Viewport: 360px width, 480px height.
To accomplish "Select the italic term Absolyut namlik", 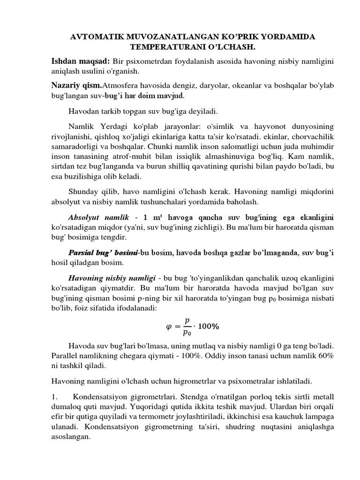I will (98, 217).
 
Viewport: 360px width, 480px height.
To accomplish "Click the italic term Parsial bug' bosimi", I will (103, 253).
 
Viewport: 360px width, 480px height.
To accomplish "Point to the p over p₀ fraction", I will (187, 325).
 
